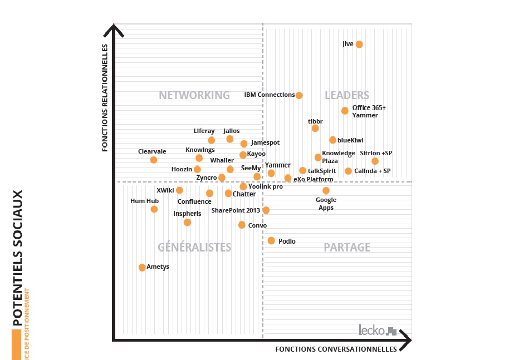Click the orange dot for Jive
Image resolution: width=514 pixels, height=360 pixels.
click(x=359, y=45)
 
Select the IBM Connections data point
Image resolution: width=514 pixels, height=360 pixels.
click(x=299, y=95)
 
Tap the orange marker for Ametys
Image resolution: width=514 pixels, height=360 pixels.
click(x=142, y=267)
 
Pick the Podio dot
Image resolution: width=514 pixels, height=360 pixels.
click(x=271, y=240)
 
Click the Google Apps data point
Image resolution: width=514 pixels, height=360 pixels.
click(x=326, y=191)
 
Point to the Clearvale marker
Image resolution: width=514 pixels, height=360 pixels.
click(x=154, y=160)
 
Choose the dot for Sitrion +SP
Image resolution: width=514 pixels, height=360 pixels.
click(x=375, y=161)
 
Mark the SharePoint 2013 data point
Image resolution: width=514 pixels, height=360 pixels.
click(x=266, y=210)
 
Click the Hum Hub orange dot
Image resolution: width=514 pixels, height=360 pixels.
click(x=154, y=209)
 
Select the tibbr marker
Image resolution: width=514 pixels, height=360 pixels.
click(x=315, y=129)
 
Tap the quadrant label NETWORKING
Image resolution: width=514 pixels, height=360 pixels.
click(x=194, y=95)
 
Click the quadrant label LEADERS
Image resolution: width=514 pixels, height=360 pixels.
click(x=347, y=96)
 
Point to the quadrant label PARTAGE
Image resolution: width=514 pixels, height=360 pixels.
click(x=347, y=248)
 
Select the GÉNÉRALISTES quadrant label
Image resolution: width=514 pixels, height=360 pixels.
click(x=194, y=248)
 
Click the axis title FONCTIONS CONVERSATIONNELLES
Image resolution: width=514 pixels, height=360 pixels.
click(x=336, y=349)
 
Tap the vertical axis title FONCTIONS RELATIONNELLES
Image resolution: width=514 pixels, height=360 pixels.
click(x=105, y=98)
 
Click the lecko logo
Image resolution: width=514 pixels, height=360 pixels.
click(x=378, y=330)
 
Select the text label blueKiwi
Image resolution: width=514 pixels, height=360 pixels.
click(x=350, y=140)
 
